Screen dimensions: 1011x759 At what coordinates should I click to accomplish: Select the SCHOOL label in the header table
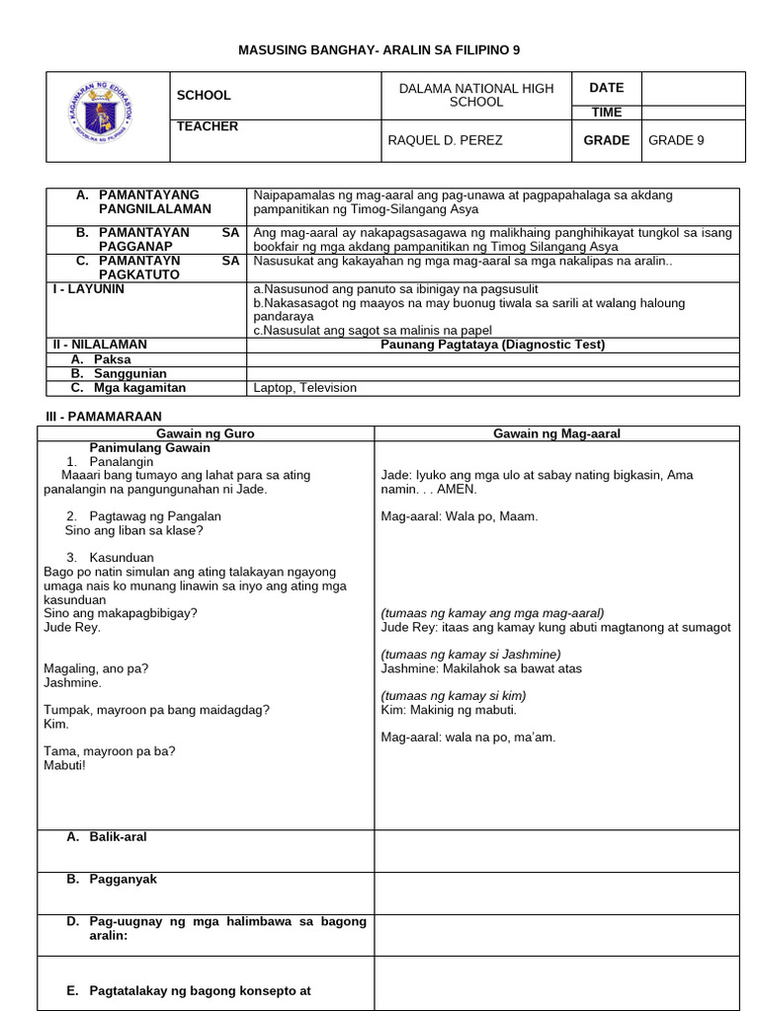204,96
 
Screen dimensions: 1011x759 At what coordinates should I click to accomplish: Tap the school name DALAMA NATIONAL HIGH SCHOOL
475,96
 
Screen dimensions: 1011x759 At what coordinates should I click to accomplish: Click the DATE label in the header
606,88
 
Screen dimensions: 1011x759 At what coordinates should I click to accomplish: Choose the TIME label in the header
606,113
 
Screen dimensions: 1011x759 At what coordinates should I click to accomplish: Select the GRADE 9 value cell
676,140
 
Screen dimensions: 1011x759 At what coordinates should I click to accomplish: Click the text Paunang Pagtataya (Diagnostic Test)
492,345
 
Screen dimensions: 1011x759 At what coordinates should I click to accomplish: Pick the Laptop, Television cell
305,388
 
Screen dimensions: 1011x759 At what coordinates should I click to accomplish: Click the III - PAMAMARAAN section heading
99,417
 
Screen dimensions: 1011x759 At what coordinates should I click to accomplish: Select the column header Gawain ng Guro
206,433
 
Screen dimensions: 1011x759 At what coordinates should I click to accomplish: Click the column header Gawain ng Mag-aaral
556,433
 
